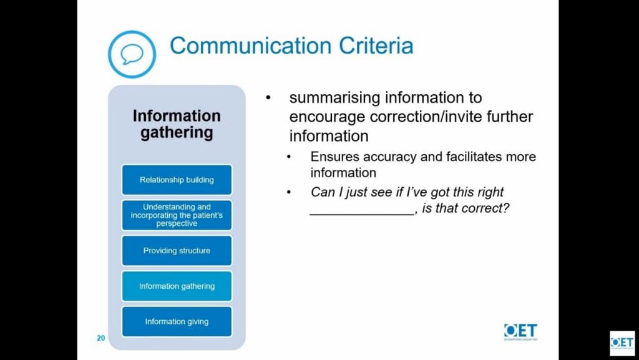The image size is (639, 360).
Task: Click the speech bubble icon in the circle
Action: click(x=132, y=54)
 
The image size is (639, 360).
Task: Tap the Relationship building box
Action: click(x=177, y=180)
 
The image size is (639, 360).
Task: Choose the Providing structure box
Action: click(x=177, y=250)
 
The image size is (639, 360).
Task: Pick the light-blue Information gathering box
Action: click(x=177, y=286)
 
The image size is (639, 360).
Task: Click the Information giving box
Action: click(x=177, y=321)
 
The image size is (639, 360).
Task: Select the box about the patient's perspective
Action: click(x=177, y=215)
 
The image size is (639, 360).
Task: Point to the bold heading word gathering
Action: click(x=177, y=134)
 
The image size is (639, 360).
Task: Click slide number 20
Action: click(x=100, y=338)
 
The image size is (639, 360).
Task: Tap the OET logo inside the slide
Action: click(x=520, y=331)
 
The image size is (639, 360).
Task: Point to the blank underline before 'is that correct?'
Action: click(x=362, y=213)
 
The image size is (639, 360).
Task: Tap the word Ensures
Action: click(x=334, y=157)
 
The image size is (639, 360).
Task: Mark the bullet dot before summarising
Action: click(x=268, y=98)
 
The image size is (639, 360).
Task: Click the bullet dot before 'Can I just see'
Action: click(x=289, y=192)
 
